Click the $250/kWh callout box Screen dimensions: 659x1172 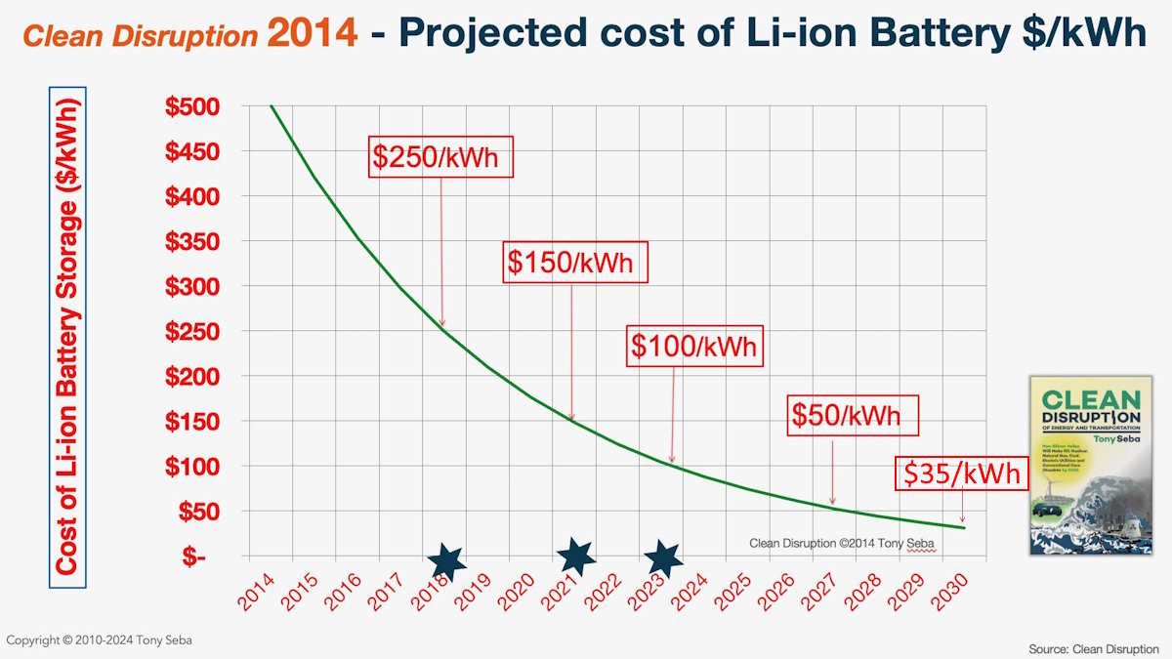click(441, 157)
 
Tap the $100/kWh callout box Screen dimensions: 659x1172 click(692, 346)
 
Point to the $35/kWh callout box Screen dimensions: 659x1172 click(962, 474)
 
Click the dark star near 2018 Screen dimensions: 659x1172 click(446, 561)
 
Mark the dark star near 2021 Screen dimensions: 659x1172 click(577, 556)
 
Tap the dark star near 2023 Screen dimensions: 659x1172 click(664, 558)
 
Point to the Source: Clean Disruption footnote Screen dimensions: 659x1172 click(1093, 648)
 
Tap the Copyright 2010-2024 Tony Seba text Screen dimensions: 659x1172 click(85, 639)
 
